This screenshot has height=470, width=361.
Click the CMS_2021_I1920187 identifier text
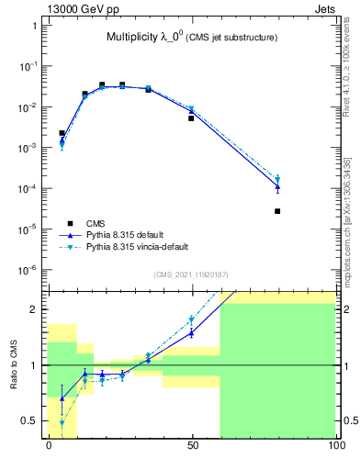[190, 274]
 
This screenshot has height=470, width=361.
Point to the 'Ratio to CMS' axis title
[16, 362]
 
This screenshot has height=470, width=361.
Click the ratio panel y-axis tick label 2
[34, 309]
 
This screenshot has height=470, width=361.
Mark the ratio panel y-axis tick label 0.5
[30, 420]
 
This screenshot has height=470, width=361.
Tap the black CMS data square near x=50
[192, 118]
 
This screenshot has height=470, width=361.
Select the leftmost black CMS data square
[62, 133]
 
